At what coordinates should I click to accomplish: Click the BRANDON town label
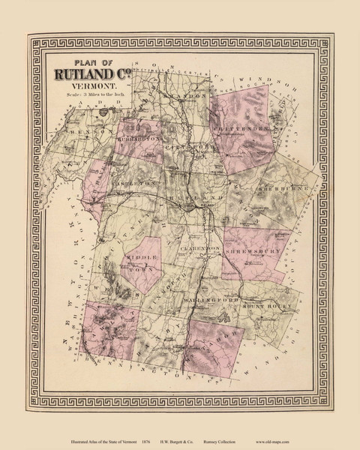[x=186, y=97]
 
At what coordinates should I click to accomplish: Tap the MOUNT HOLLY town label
[x=263, y=306]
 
